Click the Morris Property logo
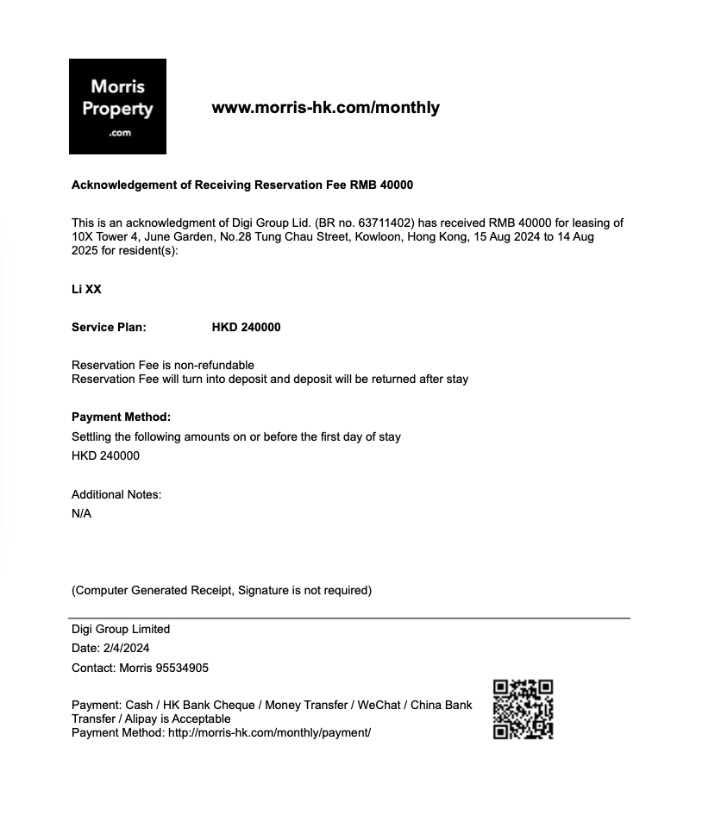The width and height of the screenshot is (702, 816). click(117, 106)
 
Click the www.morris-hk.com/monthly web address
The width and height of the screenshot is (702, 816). click(325, 108)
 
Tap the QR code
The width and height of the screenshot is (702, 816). click(523, 709)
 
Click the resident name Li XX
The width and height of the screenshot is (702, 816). click(86, 289)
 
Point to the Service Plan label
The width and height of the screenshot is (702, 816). click(109, 327)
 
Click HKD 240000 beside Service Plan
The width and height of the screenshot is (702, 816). click(246, 327)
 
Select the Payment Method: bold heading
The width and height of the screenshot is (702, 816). click(121, 417)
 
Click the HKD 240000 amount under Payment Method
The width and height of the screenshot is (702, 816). click(105, 455)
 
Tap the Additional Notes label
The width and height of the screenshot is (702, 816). click(116, 494)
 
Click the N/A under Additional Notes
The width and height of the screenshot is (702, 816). click(81, 513)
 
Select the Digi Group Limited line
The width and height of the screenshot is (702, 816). click(121, 629)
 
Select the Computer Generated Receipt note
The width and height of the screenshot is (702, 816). click(222, 590)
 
